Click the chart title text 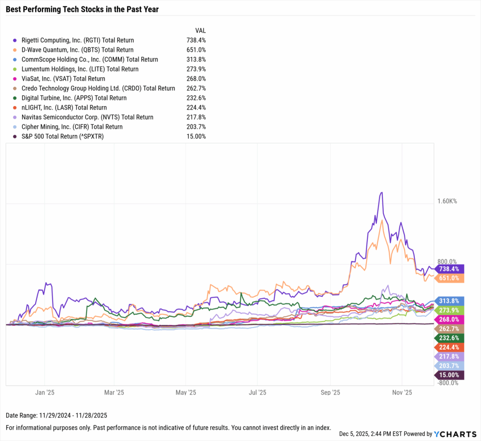point(82,9)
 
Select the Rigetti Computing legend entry point(78,40)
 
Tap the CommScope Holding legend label point(90,60)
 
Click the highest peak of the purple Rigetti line point(382,193)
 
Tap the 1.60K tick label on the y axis point(447,201)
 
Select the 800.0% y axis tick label point(447,262)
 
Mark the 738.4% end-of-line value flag point(450,269)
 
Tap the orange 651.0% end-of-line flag point(450,279)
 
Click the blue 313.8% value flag point(450,301)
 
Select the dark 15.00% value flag point(450,375)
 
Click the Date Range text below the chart point(50,416)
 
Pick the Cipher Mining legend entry point(72,127)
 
